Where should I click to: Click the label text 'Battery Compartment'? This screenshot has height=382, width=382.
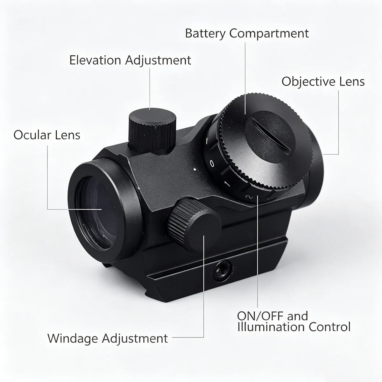pyautogui.click(x=247, y=34)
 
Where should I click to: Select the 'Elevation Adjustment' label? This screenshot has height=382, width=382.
pyautogui.click(x=130, y=60)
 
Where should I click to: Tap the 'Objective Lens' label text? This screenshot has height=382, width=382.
pyautogui.click(x=323, y=82)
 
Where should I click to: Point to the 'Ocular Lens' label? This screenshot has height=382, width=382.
pyautogui.click(x=47, y=135)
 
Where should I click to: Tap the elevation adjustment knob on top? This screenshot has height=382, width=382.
pyautogui.click(x=152, y=131)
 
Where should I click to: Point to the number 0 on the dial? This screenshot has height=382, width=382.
pyautogui.click(x=212, y=164)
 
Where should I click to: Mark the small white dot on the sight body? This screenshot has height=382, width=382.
pyautogui.click(x=195, y=169)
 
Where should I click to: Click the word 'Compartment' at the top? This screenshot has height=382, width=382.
pyautogui.click(x=269, y=34)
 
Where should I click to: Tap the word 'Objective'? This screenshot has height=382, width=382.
pyautogui.click(x=308, y=82)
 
